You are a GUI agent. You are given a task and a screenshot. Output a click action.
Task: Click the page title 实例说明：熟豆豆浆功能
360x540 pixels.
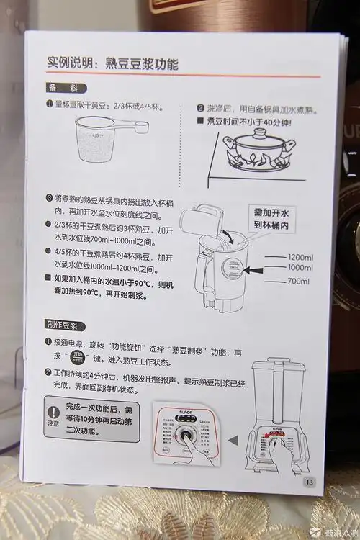click(113, 64)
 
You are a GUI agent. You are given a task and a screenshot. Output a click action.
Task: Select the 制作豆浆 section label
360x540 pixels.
click(66, 325)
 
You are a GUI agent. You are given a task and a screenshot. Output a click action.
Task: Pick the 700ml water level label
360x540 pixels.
click(299, 282)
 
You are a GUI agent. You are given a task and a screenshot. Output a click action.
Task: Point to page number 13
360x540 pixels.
click(310, 482)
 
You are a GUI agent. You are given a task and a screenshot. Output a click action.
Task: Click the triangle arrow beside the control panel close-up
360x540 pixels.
click(233, 439)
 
